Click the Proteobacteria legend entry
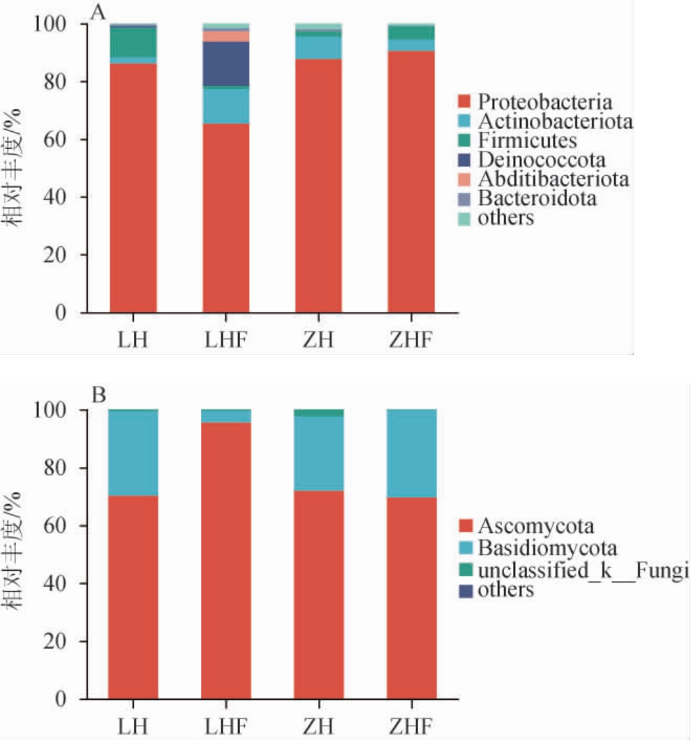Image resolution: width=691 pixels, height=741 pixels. tap(545, 103)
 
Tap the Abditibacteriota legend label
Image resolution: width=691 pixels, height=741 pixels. tap(553, 179)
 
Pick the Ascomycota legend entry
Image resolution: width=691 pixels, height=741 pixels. tap(536, 525)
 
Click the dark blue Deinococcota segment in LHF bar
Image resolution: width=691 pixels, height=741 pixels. tap(226, 64)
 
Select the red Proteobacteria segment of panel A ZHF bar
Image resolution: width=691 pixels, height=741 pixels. tap(411, 181)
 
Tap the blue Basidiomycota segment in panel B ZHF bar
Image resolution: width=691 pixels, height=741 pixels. tap(411, 453)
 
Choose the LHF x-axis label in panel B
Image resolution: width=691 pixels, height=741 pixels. tap(226, 724)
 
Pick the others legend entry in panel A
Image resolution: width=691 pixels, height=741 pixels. tap(506, 218)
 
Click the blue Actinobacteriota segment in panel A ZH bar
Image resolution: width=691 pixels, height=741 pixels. tap(318, 47)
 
